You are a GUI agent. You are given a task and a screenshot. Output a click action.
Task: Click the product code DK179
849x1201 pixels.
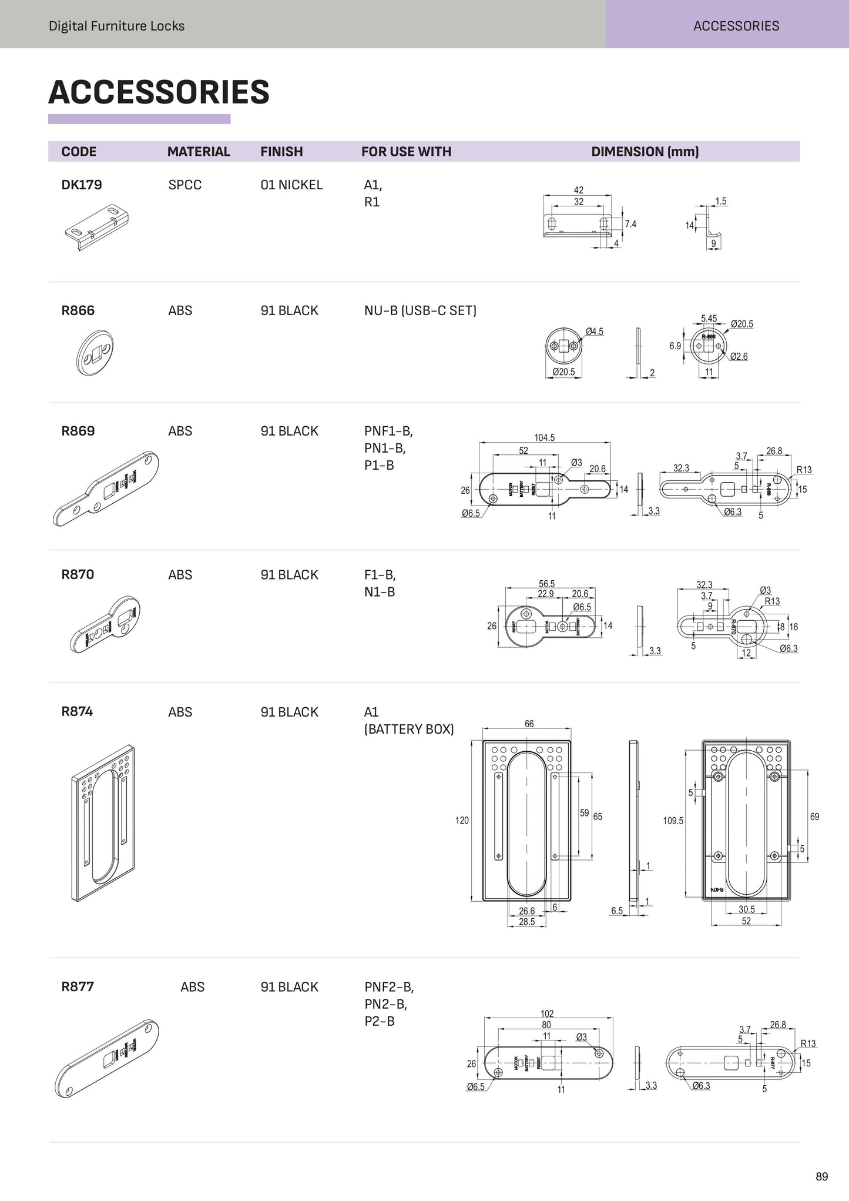click(x=82, y=185)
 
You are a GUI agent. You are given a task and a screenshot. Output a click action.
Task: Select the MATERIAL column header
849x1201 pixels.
click(x=199, y=152)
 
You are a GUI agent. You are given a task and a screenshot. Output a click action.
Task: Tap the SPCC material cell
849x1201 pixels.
click(x=184, y=185)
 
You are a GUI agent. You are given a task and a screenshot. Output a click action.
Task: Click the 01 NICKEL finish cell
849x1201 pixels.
click(x=291, y=185)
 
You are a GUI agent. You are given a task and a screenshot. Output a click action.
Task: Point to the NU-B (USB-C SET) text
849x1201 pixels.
click(x=420, y=310)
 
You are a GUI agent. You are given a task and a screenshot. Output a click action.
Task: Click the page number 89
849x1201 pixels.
click(x=821, y=1176)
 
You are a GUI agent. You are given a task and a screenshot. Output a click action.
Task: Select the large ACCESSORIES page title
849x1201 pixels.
click(x=159, y=92)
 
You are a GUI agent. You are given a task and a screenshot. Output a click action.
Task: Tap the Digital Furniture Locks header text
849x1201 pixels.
click(x=116, y=26)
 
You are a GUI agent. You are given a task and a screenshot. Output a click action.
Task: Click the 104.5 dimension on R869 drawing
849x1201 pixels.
click(x=544, y=438)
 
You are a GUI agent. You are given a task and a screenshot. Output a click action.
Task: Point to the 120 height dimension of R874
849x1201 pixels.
click(x=462, y=820)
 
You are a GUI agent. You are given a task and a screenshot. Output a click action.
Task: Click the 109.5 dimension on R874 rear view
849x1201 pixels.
click(x=673, y=821)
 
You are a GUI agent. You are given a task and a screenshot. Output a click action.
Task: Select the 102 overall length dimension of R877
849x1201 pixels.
click(x=547, y=1013)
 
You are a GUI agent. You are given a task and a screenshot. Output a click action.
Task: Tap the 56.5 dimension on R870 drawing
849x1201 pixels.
click(x=546, y=584)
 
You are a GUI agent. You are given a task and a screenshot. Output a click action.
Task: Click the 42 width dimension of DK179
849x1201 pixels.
click(x=579, y=190)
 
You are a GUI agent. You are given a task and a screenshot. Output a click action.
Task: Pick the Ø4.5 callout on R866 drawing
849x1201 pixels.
click(x=595, y=332)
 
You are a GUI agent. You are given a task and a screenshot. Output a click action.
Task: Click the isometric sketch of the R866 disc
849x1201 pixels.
click(x=95, y=352)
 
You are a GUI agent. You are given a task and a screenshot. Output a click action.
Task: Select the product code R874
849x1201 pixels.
click(x=77, y=712)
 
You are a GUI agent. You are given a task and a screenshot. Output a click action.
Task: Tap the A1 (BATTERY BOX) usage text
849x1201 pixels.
click(x=409, y=721)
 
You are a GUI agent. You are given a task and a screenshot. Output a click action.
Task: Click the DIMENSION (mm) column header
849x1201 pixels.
click(x=645, y=152)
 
